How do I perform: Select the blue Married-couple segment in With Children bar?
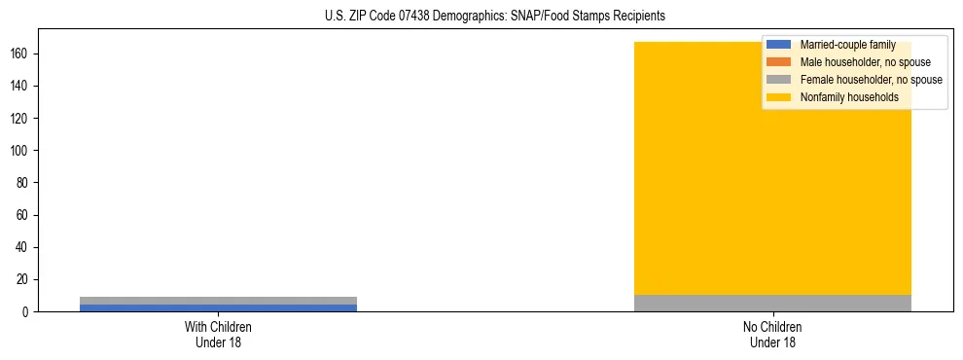(218, 307)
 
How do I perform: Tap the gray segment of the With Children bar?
(218, 301)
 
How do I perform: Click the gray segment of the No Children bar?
(772, 303)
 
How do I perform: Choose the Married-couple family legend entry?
(847, 45)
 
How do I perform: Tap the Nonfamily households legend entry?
(849, 97)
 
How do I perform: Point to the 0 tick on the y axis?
(27, 311)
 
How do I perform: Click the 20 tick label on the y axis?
(24, 279)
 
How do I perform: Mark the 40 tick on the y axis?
(24, 247)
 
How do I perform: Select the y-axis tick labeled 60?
(24, 215)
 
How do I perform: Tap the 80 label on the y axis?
(24, 183)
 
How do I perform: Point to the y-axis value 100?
(21, 150)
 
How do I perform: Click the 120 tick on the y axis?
(21, 118)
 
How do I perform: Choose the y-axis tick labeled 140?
(21, 86)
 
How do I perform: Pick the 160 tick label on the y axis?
(21, 54)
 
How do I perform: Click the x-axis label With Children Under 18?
(218, 334)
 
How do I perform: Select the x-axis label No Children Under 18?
(772, 334)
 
